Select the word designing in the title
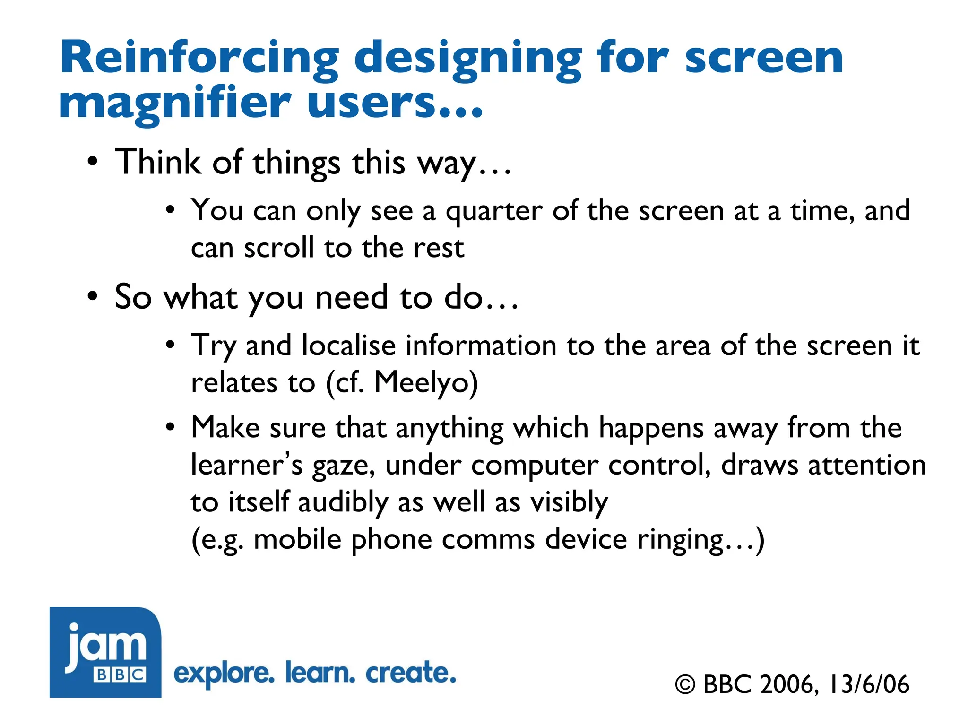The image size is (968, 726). pos(468,59)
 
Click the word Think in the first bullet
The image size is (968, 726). pos(158,162)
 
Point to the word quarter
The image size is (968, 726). pos(494,211)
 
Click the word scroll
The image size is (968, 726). pos(279,248)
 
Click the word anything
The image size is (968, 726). pos(449,429)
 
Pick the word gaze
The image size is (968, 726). pos(343,466)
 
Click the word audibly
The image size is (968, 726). pos(343,502)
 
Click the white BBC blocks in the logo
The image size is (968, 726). pos(120,674)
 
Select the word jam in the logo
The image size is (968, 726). pos(106,646)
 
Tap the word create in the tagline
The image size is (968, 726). pos(411,673)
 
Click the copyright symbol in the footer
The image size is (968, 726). pos(685,684)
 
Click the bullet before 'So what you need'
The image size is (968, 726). pos(93,297)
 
